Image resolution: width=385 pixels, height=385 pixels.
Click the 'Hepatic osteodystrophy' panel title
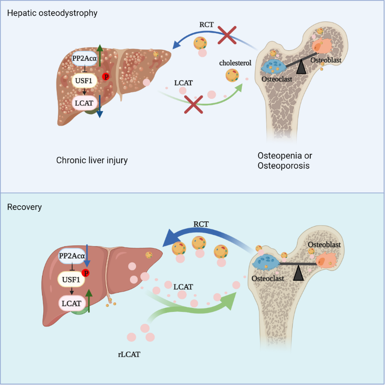pyautogui.click(x=52, y=13)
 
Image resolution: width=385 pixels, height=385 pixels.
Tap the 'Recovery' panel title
pyautogui.click(x=24, y=207)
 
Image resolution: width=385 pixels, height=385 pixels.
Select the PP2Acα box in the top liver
pyautogui.click(x=84, y=58)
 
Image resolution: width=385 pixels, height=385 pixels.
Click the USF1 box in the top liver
pyautogui.click(x=84, y=80)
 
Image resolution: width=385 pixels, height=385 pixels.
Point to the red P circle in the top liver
pyautogui.click(x=105, y=77)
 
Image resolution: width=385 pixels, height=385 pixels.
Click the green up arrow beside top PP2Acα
pyautogui.click(x=100, y=55)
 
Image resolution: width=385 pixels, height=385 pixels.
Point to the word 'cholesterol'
pyautogui.click(x=235, y=63)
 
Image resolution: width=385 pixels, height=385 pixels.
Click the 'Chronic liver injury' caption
pyautogui.click(x=92, y=161)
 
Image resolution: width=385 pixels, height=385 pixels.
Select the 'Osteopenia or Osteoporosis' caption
pyautogui.click(x=285, y=161)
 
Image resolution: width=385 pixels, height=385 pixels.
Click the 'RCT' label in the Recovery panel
pyautogui.click(x=201, y=224)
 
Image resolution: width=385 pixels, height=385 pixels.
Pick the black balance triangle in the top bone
pyautogui.click(x=301, y=66)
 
